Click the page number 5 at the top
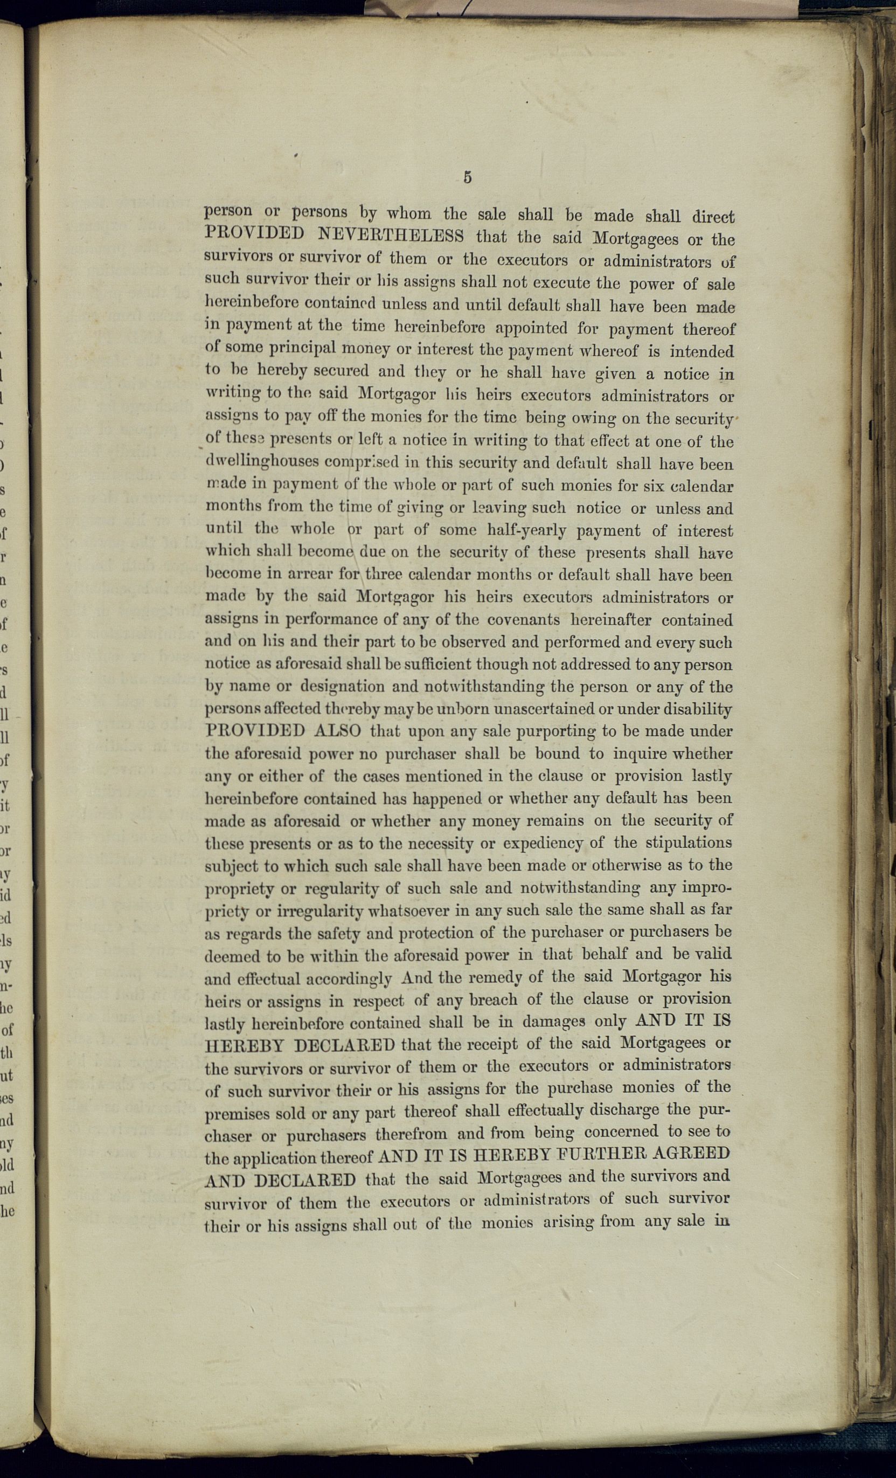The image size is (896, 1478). (467, 177)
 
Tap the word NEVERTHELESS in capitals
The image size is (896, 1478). (390, 234)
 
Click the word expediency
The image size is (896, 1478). (542, 844)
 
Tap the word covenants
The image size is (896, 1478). (524, 620)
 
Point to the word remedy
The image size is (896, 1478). (494, 977)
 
